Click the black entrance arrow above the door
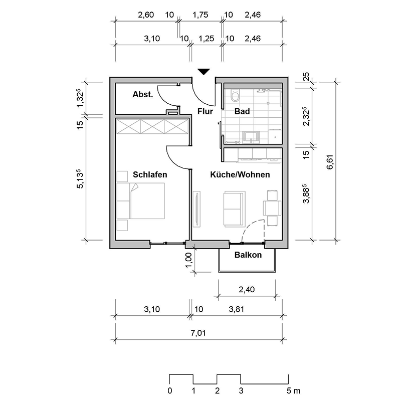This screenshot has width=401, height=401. tap(203, 72)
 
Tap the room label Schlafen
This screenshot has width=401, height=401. tap(150, 175)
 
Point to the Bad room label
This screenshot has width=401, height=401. tap(242, 111)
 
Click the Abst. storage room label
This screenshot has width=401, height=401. tap(142, 95)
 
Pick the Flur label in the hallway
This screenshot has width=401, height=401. tap(206, 111)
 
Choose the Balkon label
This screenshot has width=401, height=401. tap(248, 255)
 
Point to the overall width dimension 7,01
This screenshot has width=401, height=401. tap(198, 332)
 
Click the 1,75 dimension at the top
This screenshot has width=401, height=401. tap(200, 15)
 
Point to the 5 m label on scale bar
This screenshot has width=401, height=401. tap(293, 390)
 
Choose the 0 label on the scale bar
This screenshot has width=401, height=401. tap(170, 390)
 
